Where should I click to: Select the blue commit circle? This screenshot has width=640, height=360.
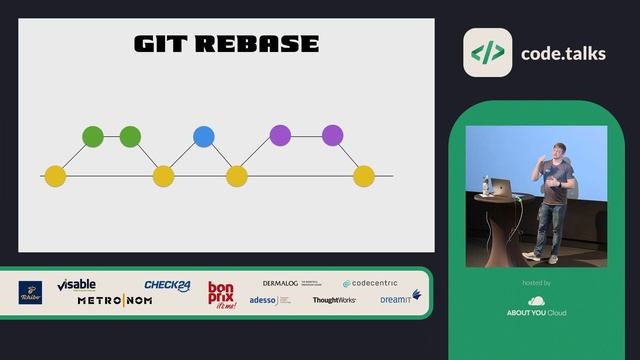[204, 136]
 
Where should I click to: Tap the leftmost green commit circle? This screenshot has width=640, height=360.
[93, 136]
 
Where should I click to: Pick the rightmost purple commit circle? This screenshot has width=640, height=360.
[332, 135]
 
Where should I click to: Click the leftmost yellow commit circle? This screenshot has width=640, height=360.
[55, 176]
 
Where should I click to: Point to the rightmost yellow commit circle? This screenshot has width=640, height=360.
[364, 176]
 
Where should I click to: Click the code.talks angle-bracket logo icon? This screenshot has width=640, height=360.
[487, 53]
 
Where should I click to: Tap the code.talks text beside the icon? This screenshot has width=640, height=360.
[563, 53]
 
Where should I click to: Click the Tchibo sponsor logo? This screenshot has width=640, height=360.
[31, 292]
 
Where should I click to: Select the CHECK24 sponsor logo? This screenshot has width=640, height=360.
[167, 285]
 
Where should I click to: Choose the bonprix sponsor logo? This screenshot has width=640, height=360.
[221, 294]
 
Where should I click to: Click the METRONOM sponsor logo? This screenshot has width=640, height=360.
[115, 301]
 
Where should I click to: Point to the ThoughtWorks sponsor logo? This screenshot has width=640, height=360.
[334, 300]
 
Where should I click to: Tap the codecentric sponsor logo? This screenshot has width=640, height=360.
[370, 284]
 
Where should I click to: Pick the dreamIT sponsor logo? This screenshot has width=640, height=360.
[400, 298]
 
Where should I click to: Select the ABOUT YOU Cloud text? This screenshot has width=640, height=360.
[536, 313]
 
